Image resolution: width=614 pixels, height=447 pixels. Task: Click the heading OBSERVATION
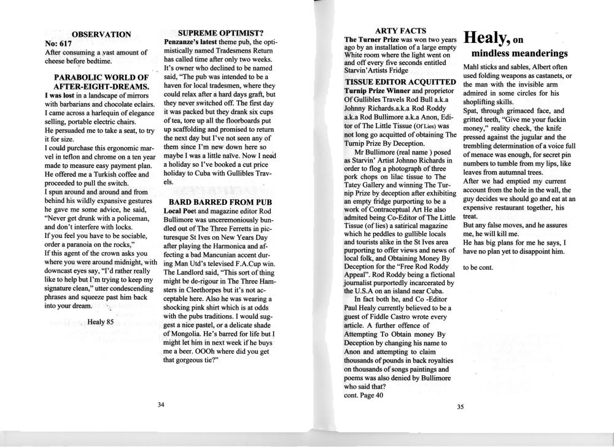[x=101, y=34]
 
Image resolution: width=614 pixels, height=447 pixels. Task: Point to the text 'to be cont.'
[x=479, y=267]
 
